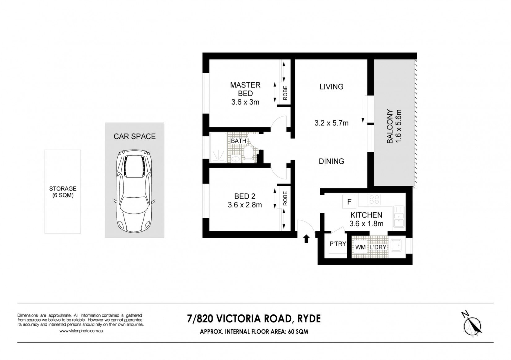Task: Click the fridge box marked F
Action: [349, 202]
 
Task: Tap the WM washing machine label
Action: [361, 247]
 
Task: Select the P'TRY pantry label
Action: [338, 244]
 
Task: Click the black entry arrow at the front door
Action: [306, 239]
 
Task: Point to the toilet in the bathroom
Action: [248, 152]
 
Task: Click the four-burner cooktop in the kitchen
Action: [374, 199]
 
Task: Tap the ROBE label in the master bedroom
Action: [285, 93]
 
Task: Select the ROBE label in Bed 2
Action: [285, 198]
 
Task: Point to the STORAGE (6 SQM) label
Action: [63, 192]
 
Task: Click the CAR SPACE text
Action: [135, 136]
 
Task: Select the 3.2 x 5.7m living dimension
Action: [331, 123]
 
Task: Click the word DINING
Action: [331, 161]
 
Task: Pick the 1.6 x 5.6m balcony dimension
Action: [398, 126]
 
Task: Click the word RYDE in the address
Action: [309, 319]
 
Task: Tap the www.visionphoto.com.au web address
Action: [81, 331]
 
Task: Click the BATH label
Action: [239, 141]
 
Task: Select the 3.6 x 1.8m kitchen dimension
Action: [366, 224]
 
